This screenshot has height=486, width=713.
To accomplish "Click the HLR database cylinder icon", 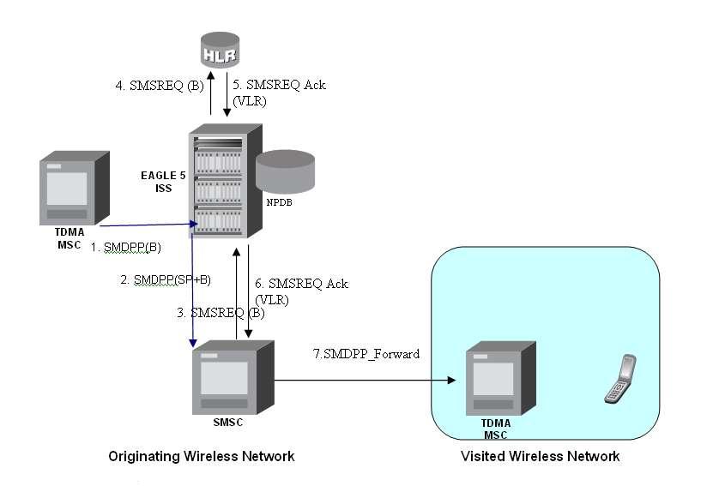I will [220, 50].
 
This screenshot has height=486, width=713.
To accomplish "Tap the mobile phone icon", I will [619, 379].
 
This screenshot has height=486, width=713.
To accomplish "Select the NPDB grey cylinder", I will [286, 171].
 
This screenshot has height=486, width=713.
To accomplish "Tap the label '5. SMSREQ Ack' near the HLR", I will [280, 85].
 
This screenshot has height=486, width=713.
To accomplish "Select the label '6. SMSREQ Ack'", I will [301, 284].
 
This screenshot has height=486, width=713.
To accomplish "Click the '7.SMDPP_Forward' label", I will [366, 353].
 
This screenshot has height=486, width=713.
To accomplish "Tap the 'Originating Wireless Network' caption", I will [202, 456].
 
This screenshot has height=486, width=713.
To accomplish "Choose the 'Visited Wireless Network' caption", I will [540, 456].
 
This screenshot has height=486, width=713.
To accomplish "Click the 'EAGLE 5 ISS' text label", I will [163, 182].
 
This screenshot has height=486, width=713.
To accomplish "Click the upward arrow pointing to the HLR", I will [210, 94].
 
